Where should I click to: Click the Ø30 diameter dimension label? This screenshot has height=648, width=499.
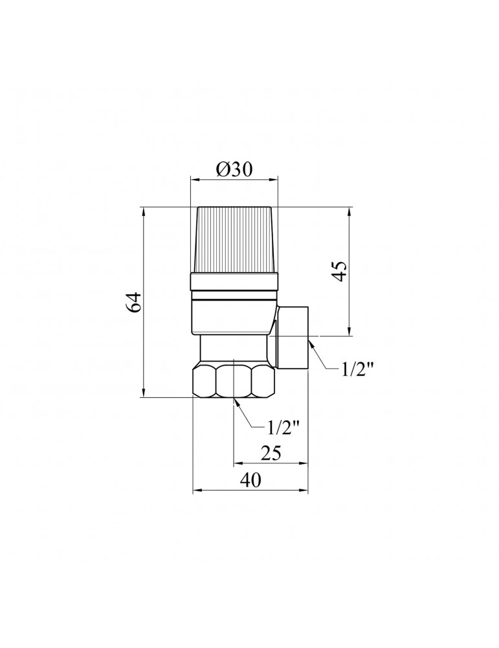[233, 169]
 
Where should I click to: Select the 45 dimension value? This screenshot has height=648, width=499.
[341, 272]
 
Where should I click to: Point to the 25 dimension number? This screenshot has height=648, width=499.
[271, 453]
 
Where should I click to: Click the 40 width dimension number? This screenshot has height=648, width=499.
[250, 480]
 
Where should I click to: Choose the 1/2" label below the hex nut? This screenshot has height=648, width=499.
[283, 428]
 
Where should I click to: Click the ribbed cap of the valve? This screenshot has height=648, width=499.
[234, 240]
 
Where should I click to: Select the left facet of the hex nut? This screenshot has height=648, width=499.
[205, 380]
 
